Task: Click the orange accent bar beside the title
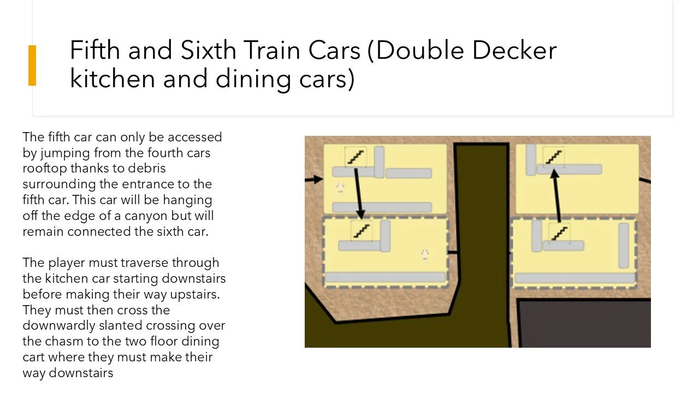pos(32,65)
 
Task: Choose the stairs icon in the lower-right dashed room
pos(559,233)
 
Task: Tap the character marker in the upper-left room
pos(340,188)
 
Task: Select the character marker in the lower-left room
pos(424,254)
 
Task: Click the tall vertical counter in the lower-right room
pos(623,245)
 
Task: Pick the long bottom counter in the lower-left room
pos(385,277)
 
